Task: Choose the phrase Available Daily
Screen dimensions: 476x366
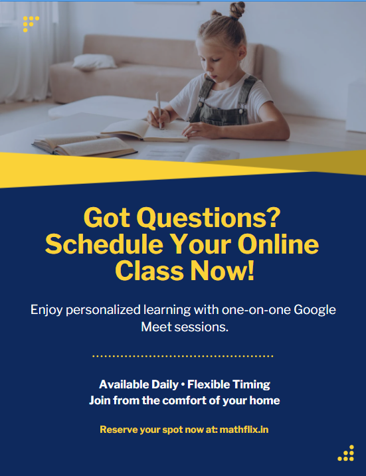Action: click(x=138, y=384)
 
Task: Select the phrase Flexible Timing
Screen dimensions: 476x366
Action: click(x=229, y=384)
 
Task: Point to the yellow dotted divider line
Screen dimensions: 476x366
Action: click(x=183, y=357)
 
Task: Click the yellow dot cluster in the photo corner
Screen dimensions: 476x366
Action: click(x=29, y=23)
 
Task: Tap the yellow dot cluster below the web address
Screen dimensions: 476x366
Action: click(x=347, y=453)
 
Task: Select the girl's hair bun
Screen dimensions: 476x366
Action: click(x=238, y=9)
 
